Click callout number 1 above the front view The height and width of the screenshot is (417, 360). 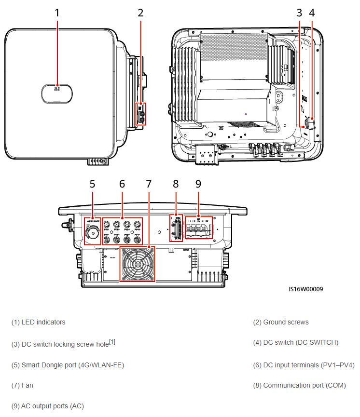click(x=57, y=13)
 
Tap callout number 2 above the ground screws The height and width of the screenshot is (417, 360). click(x=140, y=13)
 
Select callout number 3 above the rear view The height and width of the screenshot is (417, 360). click(x=300, y=13)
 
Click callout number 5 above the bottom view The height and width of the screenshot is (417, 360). click(x=92, y=184)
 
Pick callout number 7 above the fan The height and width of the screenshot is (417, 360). click(x=149, y=184)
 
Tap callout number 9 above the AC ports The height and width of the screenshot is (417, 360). click(x=198, y=184)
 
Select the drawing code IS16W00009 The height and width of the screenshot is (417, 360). click(x=305, y=289)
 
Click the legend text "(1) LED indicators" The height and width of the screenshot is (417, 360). click(x=38, y=322)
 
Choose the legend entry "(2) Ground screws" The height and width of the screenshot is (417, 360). click(x=281, y=322)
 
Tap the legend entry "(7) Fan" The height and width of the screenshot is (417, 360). click(x=22, y=386)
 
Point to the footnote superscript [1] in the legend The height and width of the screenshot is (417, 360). click(x=112, y=341)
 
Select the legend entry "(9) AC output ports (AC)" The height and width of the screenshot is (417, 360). click(x=47, y=406)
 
